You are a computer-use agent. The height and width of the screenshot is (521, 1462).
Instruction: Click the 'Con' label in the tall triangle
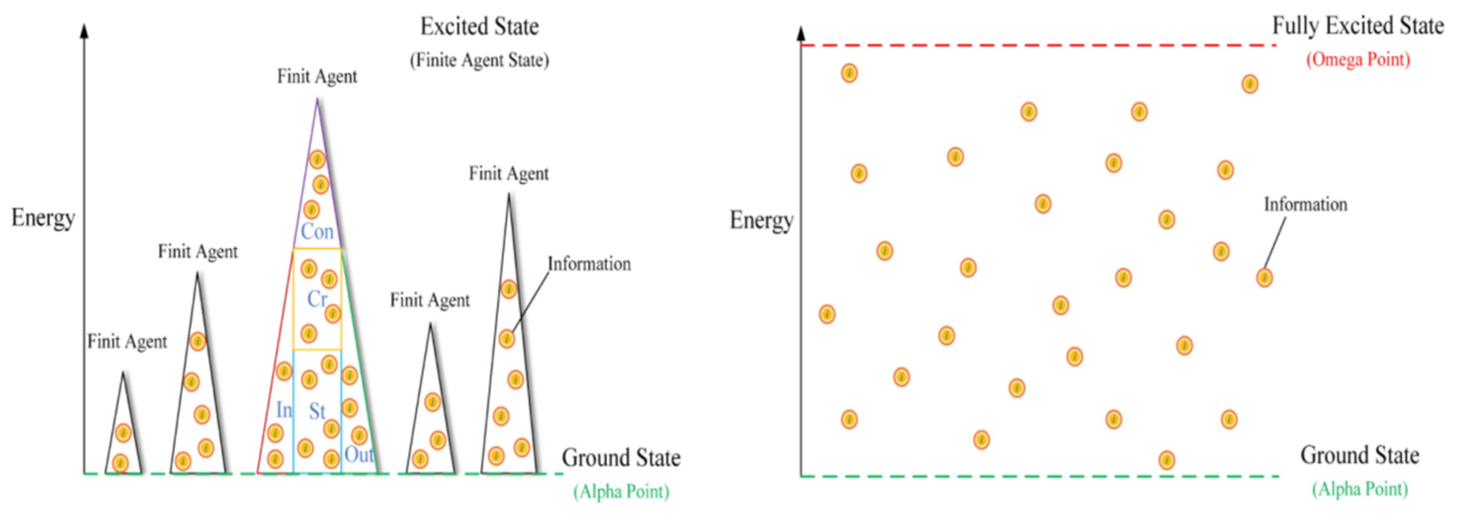click(x=316, y=231)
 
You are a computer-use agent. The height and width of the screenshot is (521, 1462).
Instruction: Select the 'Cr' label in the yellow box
click(x=316, y=299)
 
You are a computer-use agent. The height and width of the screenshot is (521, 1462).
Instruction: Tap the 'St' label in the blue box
click(x=316, y=411)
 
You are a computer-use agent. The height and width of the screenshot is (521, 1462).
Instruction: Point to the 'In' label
click(x=284, y=409)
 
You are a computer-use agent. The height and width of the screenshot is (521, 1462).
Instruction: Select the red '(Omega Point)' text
click(x=1358, y=60)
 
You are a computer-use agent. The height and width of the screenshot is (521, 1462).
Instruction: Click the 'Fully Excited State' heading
click(x=1358, y=26)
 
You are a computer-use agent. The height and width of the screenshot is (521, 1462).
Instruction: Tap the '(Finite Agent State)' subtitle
click(x=480, y=60)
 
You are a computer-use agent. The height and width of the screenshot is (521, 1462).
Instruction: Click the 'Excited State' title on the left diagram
click(x=480, y=27)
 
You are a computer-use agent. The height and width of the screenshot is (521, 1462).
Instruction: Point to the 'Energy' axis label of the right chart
click(x=761, y=220)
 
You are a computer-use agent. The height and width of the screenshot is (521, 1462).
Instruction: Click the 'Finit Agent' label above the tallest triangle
click(x=316, y=76)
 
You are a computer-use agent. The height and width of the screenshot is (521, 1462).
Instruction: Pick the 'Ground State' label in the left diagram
click(x=621, y=458)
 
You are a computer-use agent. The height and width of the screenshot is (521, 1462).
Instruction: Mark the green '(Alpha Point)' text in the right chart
click(x=1360, y=489)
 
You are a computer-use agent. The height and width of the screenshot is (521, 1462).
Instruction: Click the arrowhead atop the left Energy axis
click(x=85, y=31)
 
